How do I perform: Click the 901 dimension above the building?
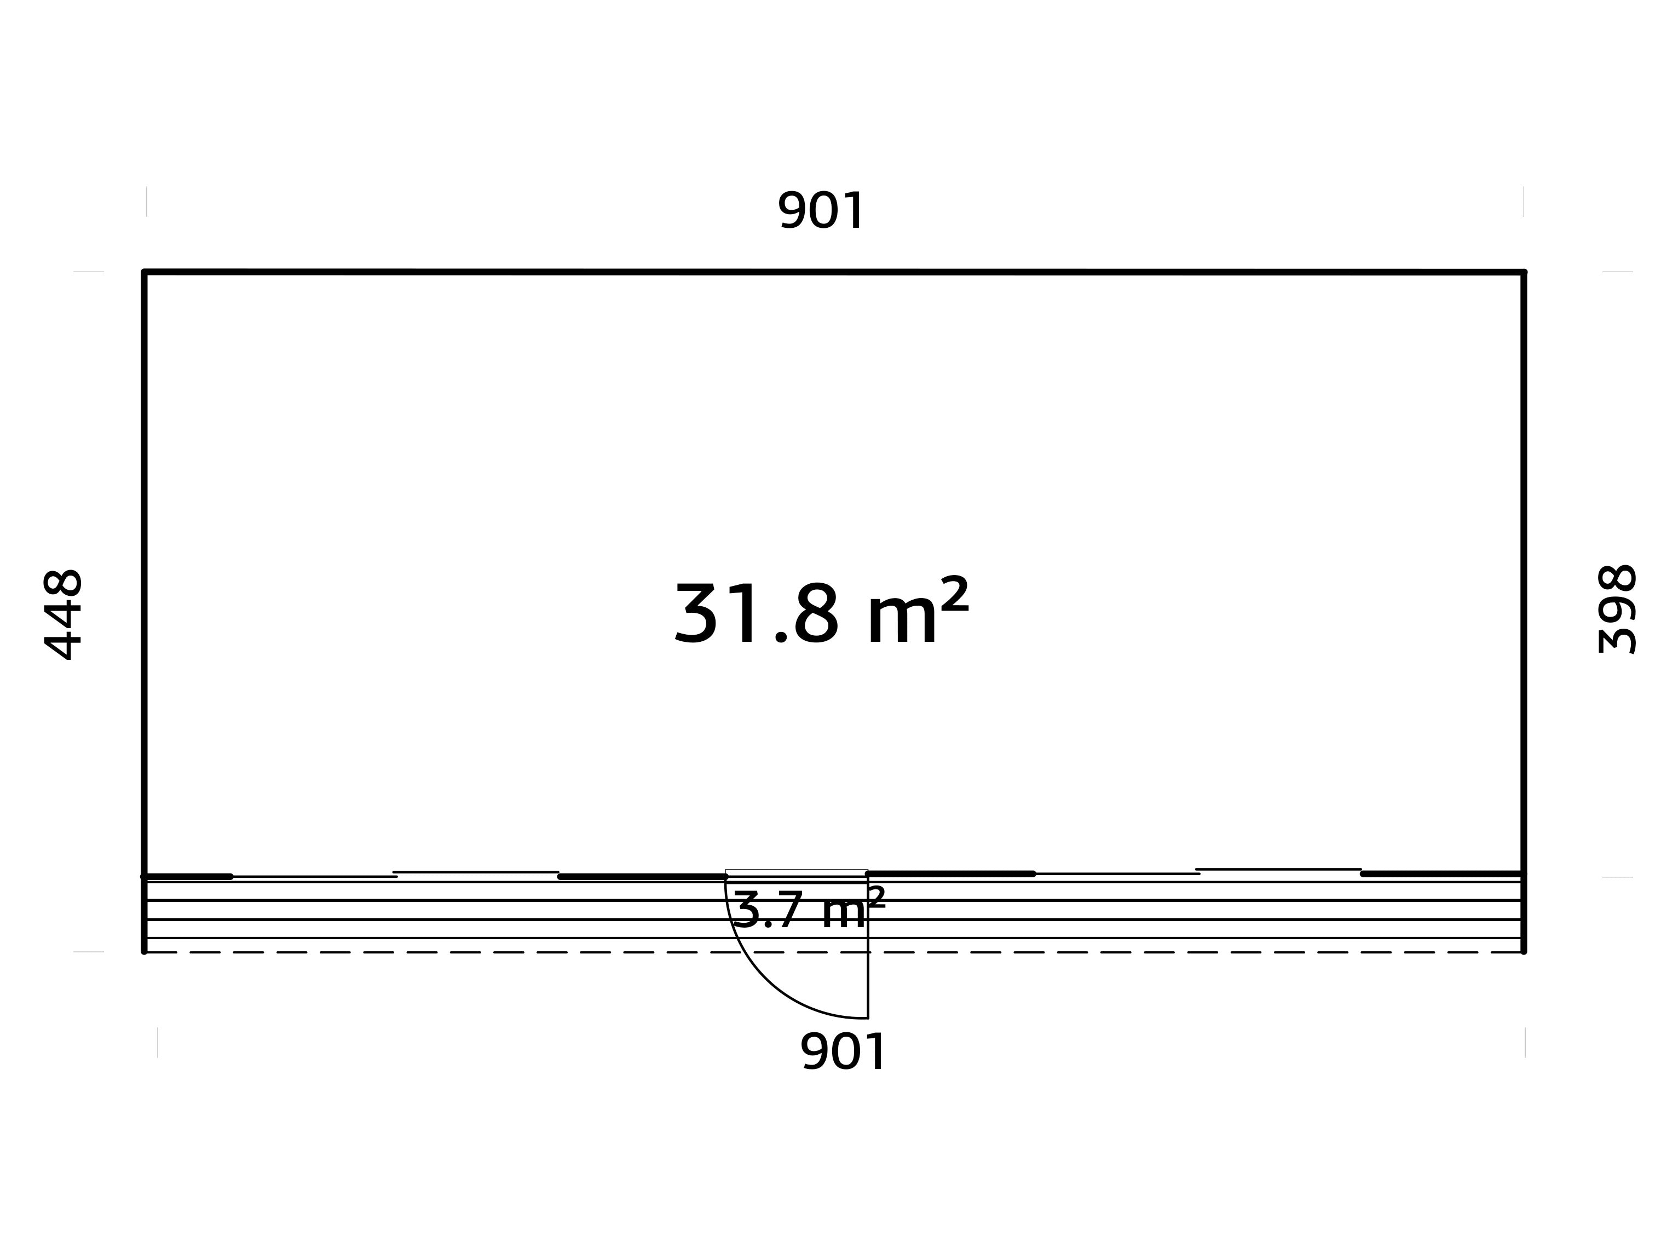point(821,210)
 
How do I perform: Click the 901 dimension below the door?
point(843,1052)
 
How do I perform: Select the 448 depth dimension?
point(63,614)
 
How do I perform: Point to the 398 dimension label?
point(1617,610)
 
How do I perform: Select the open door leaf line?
point(868,946)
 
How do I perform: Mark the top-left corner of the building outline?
point(144,272)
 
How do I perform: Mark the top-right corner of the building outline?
point(1524,272)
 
